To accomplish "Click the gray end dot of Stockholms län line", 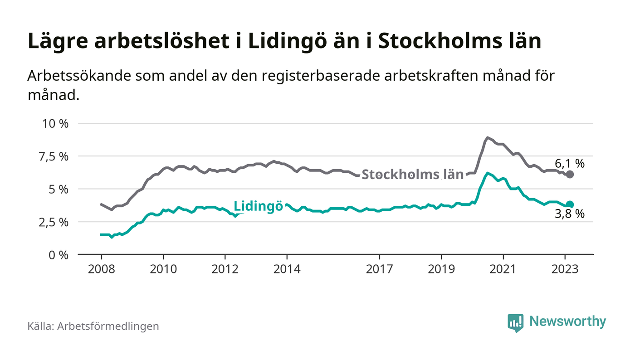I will (x=570, y=175).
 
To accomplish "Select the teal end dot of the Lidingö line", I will (x=570, y=204).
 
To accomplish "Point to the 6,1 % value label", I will (x=569, y=164).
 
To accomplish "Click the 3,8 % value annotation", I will (x=569, y=214).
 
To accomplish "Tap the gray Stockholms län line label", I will (x=413, y=175).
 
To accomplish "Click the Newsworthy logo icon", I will (x=515, y=322).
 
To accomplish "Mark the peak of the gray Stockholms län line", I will (x=487, y=137).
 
